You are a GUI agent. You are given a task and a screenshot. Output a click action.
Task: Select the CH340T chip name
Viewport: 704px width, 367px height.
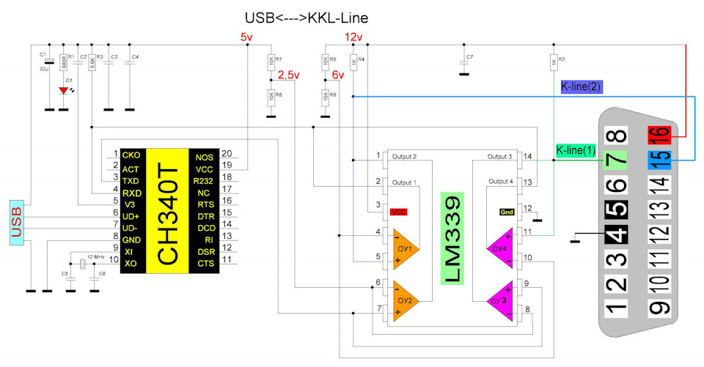pos(168,212)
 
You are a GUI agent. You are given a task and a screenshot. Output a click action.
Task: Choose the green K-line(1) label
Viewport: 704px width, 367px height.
pos(576,150)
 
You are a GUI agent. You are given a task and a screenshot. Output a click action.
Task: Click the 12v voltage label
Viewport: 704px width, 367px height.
pos(353,37)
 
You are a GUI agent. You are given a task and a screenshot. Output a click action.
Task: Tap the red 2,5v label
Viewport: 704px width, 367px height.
pos(289,74)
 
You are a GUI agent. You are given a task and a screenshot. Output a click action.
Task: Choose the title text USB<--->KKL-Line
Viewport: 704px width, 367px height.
pos(306,17)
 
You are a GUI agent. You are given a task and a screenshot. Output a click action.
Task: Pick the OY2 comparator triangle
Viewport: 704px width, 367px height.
pos(405,298)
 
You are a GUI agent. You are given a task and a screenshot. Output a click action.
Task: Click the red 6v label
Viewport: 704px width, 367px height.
pos(338,75)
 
